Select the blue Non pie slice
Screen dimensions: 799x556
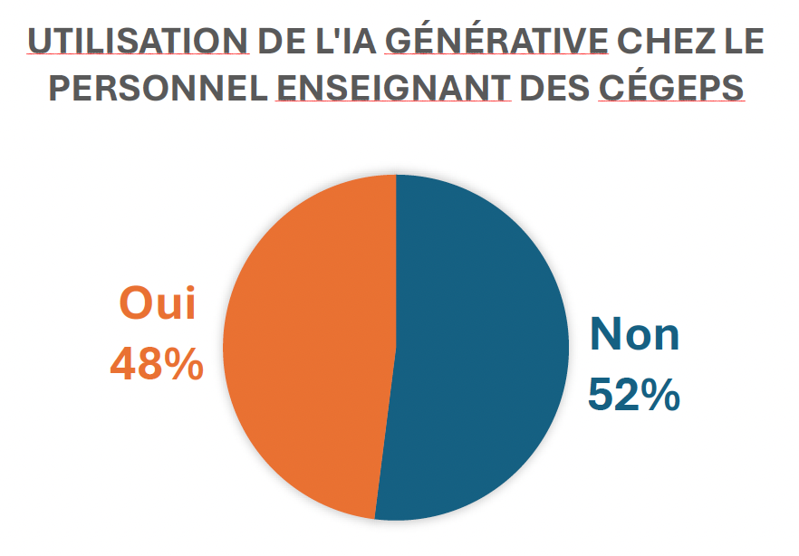(479, 346)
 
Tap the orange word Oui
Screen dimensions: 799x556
(158, 303)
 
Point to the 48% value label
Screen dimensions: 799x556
(157, 363)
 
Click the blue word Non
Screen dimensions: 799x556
(635, 334)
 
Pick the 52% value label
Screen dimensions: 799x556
(634, 395)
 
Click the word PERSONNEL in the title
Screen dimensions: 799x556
(159, 88)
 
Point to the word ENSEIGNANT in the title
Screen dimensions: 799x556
(393, 88)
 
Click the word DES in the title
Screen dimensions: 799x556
(554, 88)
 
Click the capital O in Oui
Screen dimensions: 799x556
(135, 303)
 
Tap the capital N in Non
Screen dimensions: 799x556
(605, 334)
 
